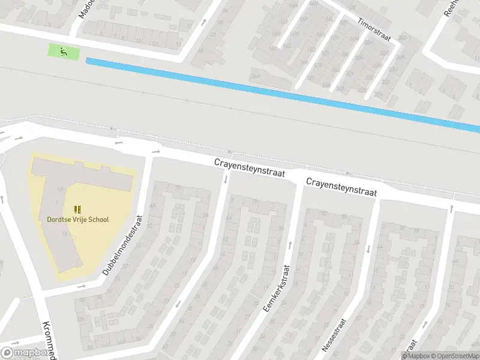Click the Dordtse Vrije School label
[x=78, y=220]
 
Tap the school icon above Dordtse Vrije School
[x=77, y=209]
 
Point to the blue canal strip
[x=282, y=93]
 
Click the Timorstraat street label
[x=374, y=29]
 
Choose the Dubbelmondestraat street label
[x=123, y=245]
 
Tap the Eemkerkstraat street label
[x=276, y=288]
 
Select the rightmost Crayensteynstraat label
[x=341, y=187]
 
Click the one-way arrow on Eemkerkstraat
[x=290, y=244]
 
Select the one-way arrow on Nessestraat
[x=367, y=248]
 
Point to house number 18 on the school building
[x=59, y=190]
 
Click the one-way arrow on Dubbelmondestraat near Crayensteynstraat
[x=156, y=151]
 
